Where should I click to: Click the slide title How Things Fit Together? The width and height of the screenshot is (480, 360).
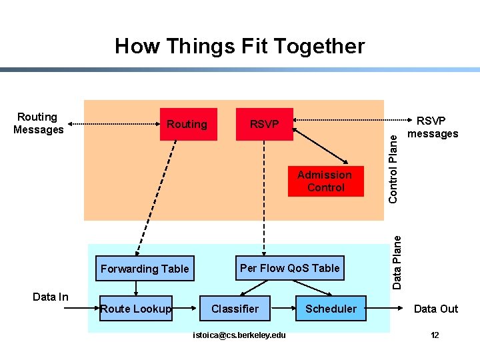[x=239, y=46]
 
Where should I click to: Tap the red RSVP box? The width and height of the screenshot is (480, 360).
[x=264, y=124]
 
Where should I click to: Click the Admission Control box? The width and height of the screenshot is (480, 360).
[x=325, y=181]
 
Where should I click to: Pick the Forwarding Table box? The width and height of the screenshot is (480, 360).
[x=145, y=269]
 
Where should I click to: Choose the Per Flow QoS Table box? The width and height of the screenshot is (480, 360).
[x=289, y=268]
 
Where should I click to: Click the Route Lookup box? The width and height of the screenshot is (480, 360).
[x=135, y=308]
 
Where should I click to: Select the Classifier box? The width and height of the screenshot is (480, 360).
[x=235, y=308]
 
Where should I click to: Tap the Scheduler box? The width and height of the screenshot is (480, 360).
[x=331, y=308]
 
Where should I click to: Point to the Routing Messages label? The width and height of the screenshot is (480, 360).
[x=38, y=123]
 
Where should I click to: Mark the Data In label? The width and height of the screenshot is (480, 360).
[x=51, y=297]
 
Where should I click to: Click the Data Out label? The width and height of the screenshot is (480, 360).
[x=435, y=308]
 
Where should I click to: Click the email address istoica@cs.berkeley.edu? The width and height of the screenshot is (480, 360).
[x=239, y=335]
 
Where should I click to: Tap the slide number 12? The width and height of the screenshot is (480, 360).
[x=435, y=335]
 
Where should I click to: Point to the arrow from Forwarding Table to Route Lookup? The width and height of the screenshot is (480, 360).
[x=136, y=287]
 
